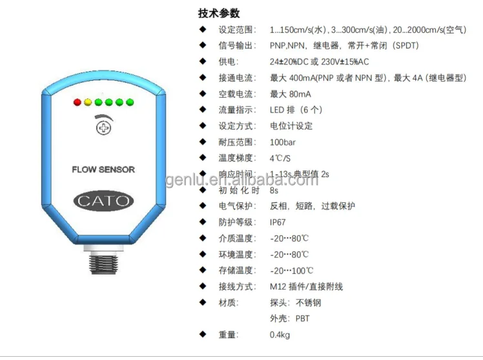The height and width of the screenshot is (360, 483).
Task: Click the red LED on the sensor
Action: [77, 102]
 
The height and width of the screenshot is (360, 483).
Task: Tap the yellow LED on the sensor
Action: [88, 102]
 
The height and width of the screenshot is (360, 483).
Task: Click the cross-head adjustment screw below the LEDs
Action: [101, 128]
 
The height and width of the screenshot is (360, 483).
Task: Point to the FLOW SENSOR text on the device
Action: [103, 169]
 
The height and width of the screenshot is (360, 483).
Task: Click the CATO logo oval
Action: [103, 200]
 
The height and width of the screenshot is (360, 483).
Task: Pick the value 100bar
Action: [283, 142]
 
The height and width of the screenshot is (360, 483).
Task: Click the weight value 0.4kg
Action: [280, 335]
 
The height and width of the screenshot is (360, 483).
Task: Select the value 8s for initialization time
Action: [274, 191]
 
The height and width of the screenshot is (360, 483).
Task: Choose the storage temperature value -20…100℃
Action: [292, 271]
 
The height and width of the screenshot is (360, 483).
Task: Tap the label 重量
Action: [228, 335]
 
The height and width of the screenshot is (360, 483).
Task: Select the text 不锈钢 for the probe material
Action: [309, 302]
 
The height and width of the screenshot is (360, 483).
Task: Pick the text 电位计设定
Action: [291, 126]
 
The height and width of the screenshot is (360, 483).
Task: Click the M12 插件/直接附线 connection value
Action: [306, 287]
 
